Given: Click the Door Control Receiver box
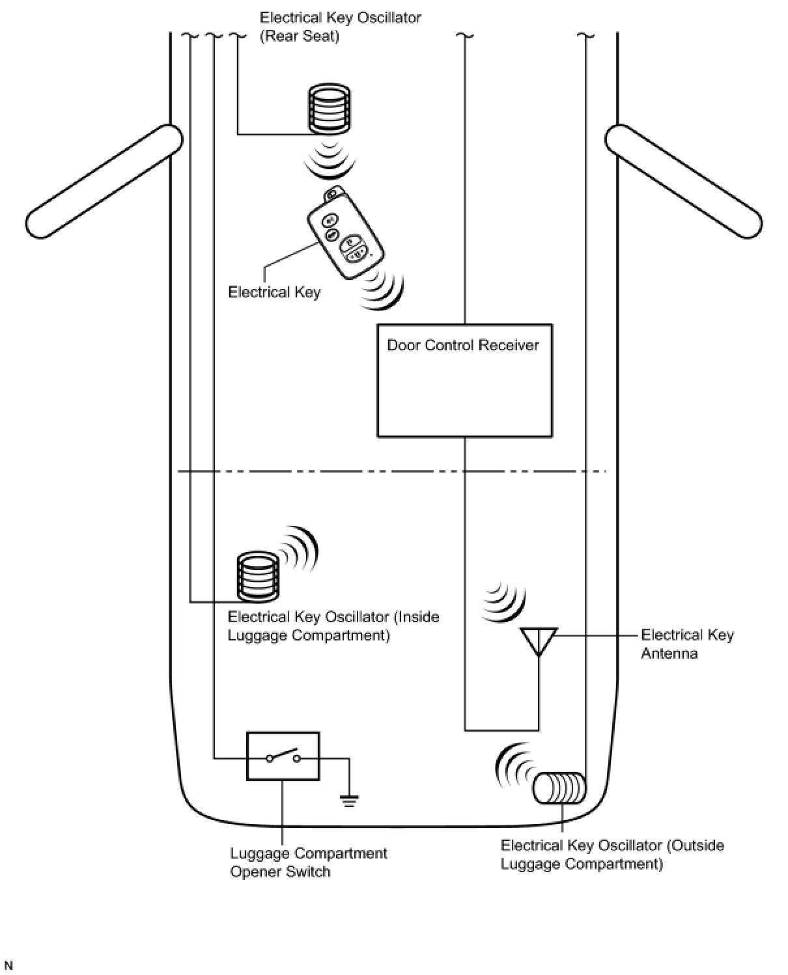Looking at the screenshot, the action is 464,380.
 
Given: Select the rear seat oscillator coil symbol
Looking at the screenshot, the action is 329,109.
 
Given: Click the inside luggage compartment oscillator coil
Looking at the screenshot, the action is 258,576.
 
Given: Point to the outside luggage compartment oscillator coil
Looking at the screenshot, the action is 559,788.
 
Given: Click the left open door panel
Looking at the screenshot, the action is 104,182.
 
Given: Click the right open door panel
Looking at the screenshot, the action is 684,182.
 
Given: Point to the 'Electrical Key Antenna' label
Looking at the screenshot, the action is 687,644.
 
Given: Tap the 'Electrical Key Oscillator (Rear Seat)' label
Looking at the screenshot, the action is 340,27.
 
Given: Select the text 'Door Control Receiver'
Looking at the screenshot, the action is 463,345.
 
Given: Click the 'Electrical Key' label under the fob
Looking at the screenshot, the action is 274,292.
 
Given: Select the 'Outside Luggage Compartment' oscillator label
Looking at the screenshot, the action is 612,855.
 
